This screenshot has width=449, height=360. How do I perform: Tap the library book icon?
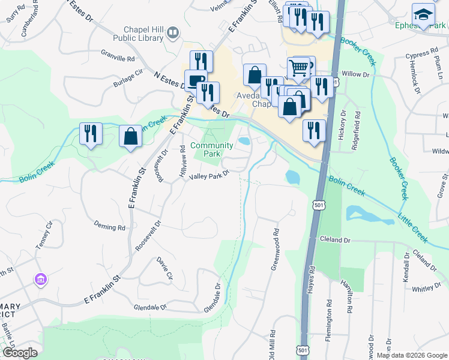tap(173, 33)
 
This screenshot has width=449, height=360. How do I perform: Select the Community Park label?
tap(211, 149)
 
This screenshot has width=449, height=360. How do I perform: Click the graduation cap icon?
tap(423, 14)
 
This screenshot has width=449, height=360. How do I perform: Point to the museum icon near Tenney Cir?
tap(41, 279)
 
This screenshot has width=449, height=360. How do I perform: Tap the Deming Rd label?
tap(109, 227)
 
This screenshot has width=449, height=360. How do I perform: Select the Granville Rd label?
tap(118, 58)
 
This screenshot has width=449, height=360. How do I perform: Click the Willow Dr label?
tap(354, 74)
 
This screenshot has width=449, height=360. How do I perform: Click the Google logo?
tap(19, 353)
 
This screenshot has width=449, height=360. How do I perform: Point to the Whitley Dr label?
tap(426, 288)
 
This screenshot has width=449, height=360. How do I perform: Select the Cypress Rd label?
tap(418, 55)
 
